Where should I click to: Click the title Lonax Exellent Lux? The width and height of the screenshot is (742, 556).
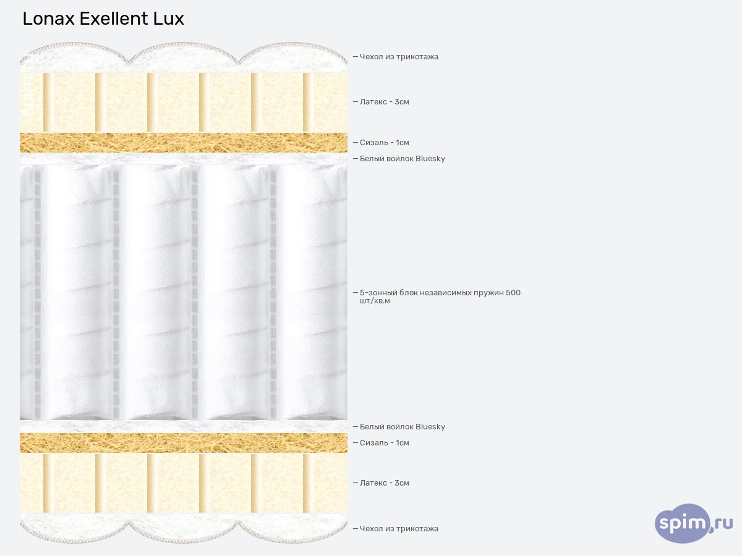pyautogui.click(x=103, y=19)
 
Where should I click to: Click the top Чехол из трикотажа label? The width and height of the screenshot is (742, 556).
pyautogui.click(x=399, y=57)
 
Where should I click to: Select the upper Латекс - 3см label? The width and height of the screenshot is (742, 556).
pyautogui.click(x=384, y=102)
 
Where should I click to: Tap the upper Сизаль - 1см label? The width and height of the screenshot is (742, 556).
pyautogui.click(x=384, y=143)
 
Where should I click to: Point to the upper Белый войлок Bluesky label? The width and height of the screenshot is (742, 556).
pyautogui.click(x=402, y=159)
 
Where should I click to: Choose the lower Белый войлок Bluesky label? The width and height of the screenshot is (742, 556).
pyautogui.click(x=402, y=427)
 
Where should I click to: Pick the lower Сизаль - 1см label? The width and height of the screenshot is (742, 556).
pyautogui.click(x=384, y=443)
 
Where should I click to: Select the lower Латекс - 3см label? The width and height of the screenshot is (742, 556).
pyautogui.click(x=384, y=483)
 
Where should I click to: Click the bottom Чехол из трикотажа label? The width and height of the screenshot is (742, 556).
pyautogui.click(x=399, y=529)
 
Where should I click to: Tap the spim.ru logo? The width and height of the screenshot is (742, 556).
pyautogui.click(x=693, y=523)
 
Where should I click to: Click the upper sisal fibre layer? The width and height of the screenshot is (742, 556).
pyautogui.click(x=183, y=143)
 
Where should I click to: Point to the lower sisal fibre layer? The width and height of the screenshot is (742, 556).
pyautogui.click(x=183, y=443)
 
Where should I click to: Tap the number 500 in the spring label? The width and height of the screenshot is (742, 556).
pyautogui.click(x=513, y=293)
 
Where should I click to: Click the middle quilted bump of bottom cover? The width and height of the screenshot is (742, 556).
pyautogui.click(x=184, y=529)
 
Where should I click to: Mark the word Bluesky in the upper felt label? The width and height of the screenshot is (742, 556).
pyautogui.click(x=430, y=159)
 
